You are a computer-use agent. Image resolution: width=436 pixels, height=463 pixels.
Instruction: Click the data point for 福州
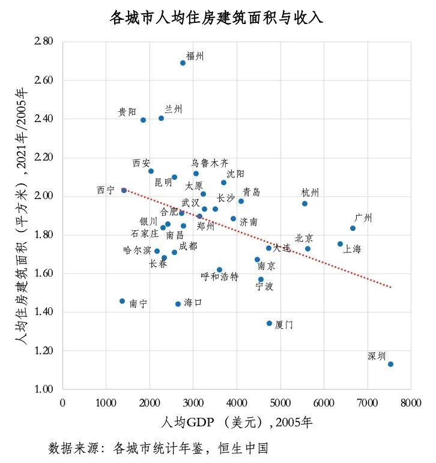[x=183, y=63]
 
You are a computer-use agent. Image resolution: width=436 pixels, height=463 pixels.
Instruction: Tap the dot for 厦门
[x=269, y=323]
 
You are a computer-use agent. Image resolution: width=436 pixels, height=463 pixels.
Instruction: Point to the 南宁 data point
[x=122, y=301]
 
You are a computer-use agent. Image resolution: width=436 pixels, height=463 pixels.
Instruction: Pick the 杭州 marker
[x=304, y=204]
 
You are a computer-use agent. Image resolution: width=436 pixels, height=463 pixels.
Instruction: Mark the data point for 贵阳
[x=143, y=120]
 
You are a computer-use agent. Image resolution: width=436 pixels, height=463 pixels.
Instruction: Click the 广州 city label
[x=363, y=218]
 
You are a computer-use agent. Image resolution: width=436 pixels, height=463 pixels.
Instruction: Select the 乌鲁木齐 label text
[x=210, y=163]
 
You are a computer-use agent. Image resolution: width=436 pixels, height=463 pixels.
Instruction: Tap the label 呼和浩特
[x=219, y=277]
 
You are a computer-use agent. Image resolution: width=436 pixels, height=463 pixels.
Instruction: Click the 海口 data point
[x=178, y=304]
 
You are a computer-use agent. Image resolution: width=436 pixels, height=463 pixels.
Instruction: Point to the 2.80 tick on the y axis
[x=44, y=41]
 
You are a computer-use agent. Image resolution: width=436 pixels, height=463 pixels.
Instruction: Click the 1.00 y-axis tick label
[x=44, y=389]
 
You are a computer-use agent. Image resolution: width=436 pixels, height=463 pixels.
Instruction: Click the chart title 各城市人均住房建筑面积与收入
[x=217, y=18]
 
